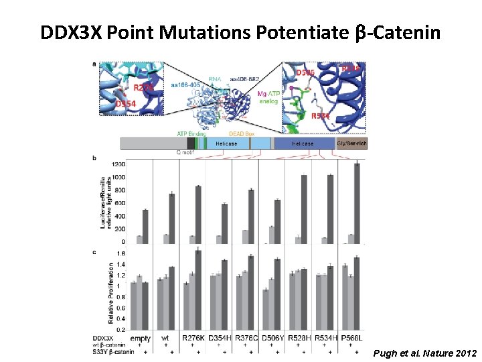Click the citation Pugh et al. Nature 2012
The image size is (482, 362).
[425, 353]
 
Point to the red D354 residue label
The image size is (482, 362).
[127, 104]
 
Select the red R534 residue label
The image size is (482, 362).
[321, 116]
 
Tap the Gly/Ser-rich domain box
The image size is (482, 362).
[351, 143]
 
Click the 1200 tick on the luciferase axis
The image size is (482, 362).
[118, 164]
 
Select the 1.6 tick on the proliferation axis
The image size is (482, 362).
[121, 254]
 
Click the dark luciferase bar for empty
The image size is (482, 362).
[145, 226]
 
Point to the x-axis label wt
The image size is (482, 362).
[165, 338]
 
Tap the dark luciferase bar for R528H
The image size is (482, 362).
[304, 208]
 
